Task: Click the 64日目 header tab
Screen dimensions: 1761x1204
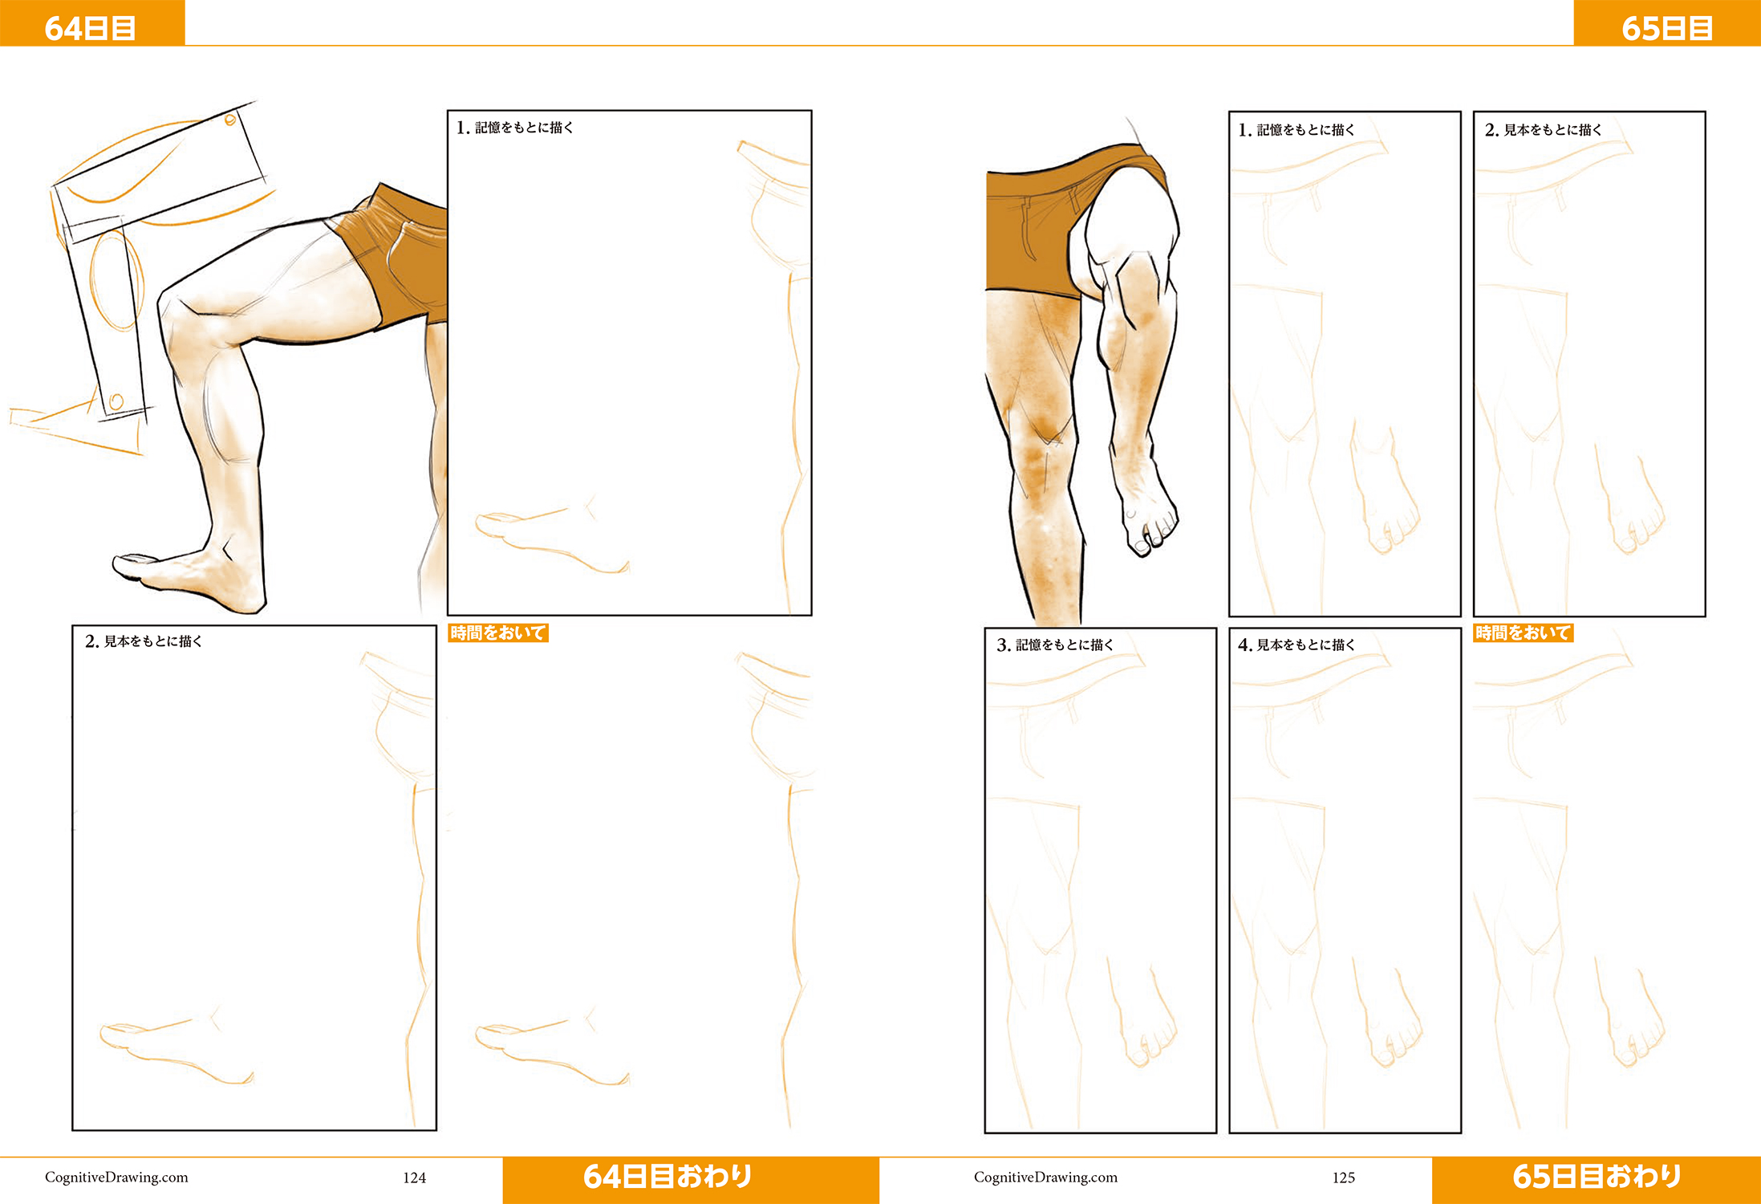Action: (x=91, y=23)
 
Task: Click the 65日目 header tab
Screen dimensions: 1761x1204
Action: (x=1667, y=23)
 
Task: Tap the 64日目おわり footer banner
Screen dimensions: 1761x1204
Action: (x=691, y=1179)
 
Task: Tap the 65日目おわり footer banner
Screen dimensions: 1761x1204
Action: (x=1597, y=1179)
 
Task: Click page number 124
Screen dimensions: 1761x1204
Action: (x=414, y=1178)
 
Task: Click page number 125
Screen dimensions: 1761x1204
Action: (x=1343, y=1178)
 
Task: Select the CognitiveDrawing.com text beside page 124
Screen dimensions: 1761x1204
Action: (x=116, y=1178)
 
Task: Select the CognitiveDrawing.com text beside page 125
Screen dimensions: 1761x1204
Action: (x=1045, y=1178)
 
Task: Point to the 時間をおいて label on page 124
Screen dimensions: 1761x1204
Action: (x=498, y=633)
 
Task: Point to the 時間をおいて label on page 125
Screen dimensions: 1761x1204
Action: (x=1524, y=633)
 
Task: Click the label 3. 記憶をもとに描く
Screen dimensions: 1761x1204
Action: (x=1055, y=645)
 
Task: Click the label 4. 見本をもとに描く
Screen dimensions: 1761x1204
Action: (x=1296, y=645)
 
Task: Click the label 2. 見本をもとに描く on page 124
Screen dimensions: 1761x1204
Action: (x=144, y=641)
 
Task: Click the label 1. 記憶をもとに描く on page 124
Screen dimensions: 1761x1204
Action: (x=514, y=128)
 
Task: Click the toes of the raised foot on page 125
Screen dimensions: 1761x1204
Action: (x=1150, y=533)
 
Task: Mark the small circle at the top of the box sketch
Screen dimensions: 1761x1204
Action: (x=230, y=120)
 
